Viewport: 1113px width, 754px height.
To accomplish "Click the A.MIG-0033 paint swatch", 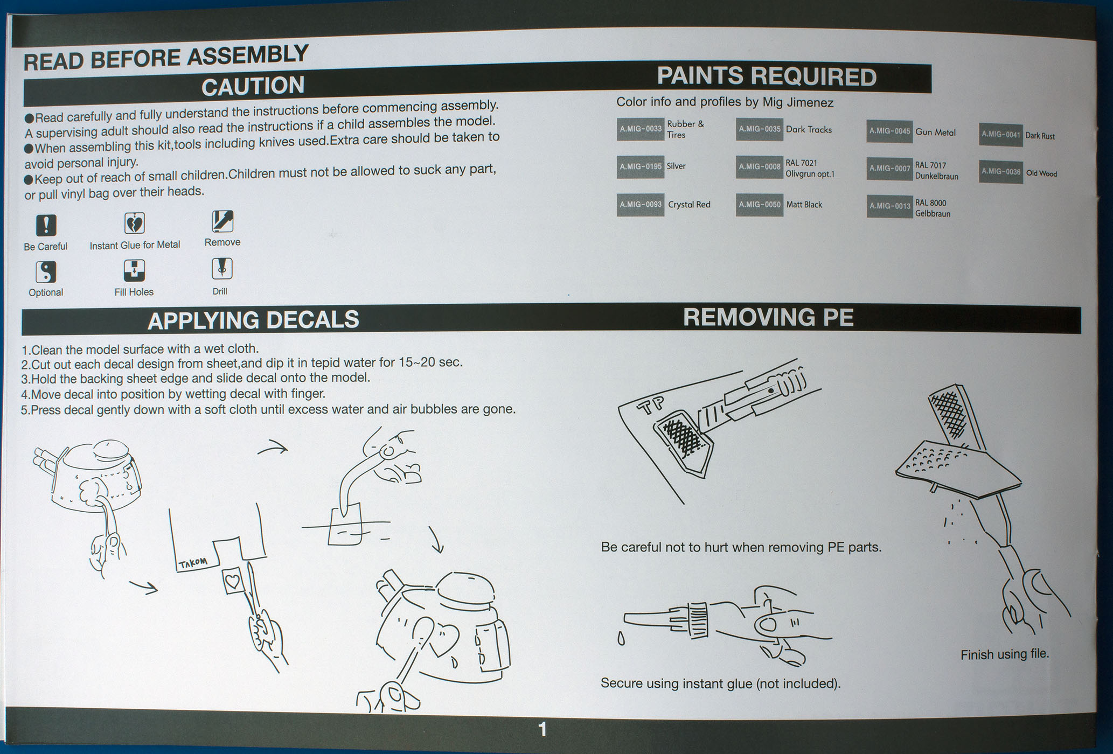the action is (x=640, y=129).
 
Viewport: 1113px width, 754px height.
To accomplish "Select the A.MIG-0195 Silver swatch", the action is (x=640, y=167).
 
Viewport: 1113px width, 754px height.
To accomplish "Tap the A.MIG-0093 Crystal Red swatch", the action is (x=640, y=205).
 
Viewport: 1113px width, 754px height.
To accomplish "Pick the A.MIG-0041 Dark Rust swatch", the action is (x=1000, y=135).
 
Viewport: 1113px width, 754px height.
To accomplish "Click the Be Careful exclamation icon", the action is (x=46, y=225).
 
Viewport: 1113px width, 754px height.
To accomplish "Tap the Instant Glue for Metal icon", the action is (x=134, y=223).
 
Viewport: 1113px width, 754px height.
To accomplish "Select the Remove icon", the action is (x=222, y=221).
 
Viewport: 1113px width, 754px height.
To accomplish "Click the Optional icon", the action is (x=46, y=272).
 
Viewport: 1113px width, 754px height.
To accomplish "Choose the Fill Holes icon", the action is (x=134, y=270).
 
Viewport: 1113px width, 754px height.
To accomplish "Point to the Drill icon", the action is (x=222, y=268).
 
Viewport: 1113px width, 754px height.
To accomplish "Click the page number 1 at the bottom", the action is (x=542, y=730).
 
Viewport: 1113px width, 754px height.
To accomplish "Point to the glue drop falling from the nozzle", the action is (x=621, y=639).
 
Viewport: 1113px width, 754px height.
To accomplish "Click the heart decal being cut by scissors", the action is (x=233, y=581).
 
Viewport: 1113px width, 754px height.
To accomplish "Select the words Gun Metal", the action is (x=935, y=132).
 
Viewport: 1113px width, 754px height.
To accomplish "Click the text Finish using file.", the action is (x=1005, y=654).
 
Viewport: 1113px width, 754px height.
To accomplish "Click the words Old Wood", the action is (x=1041, y=173).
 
